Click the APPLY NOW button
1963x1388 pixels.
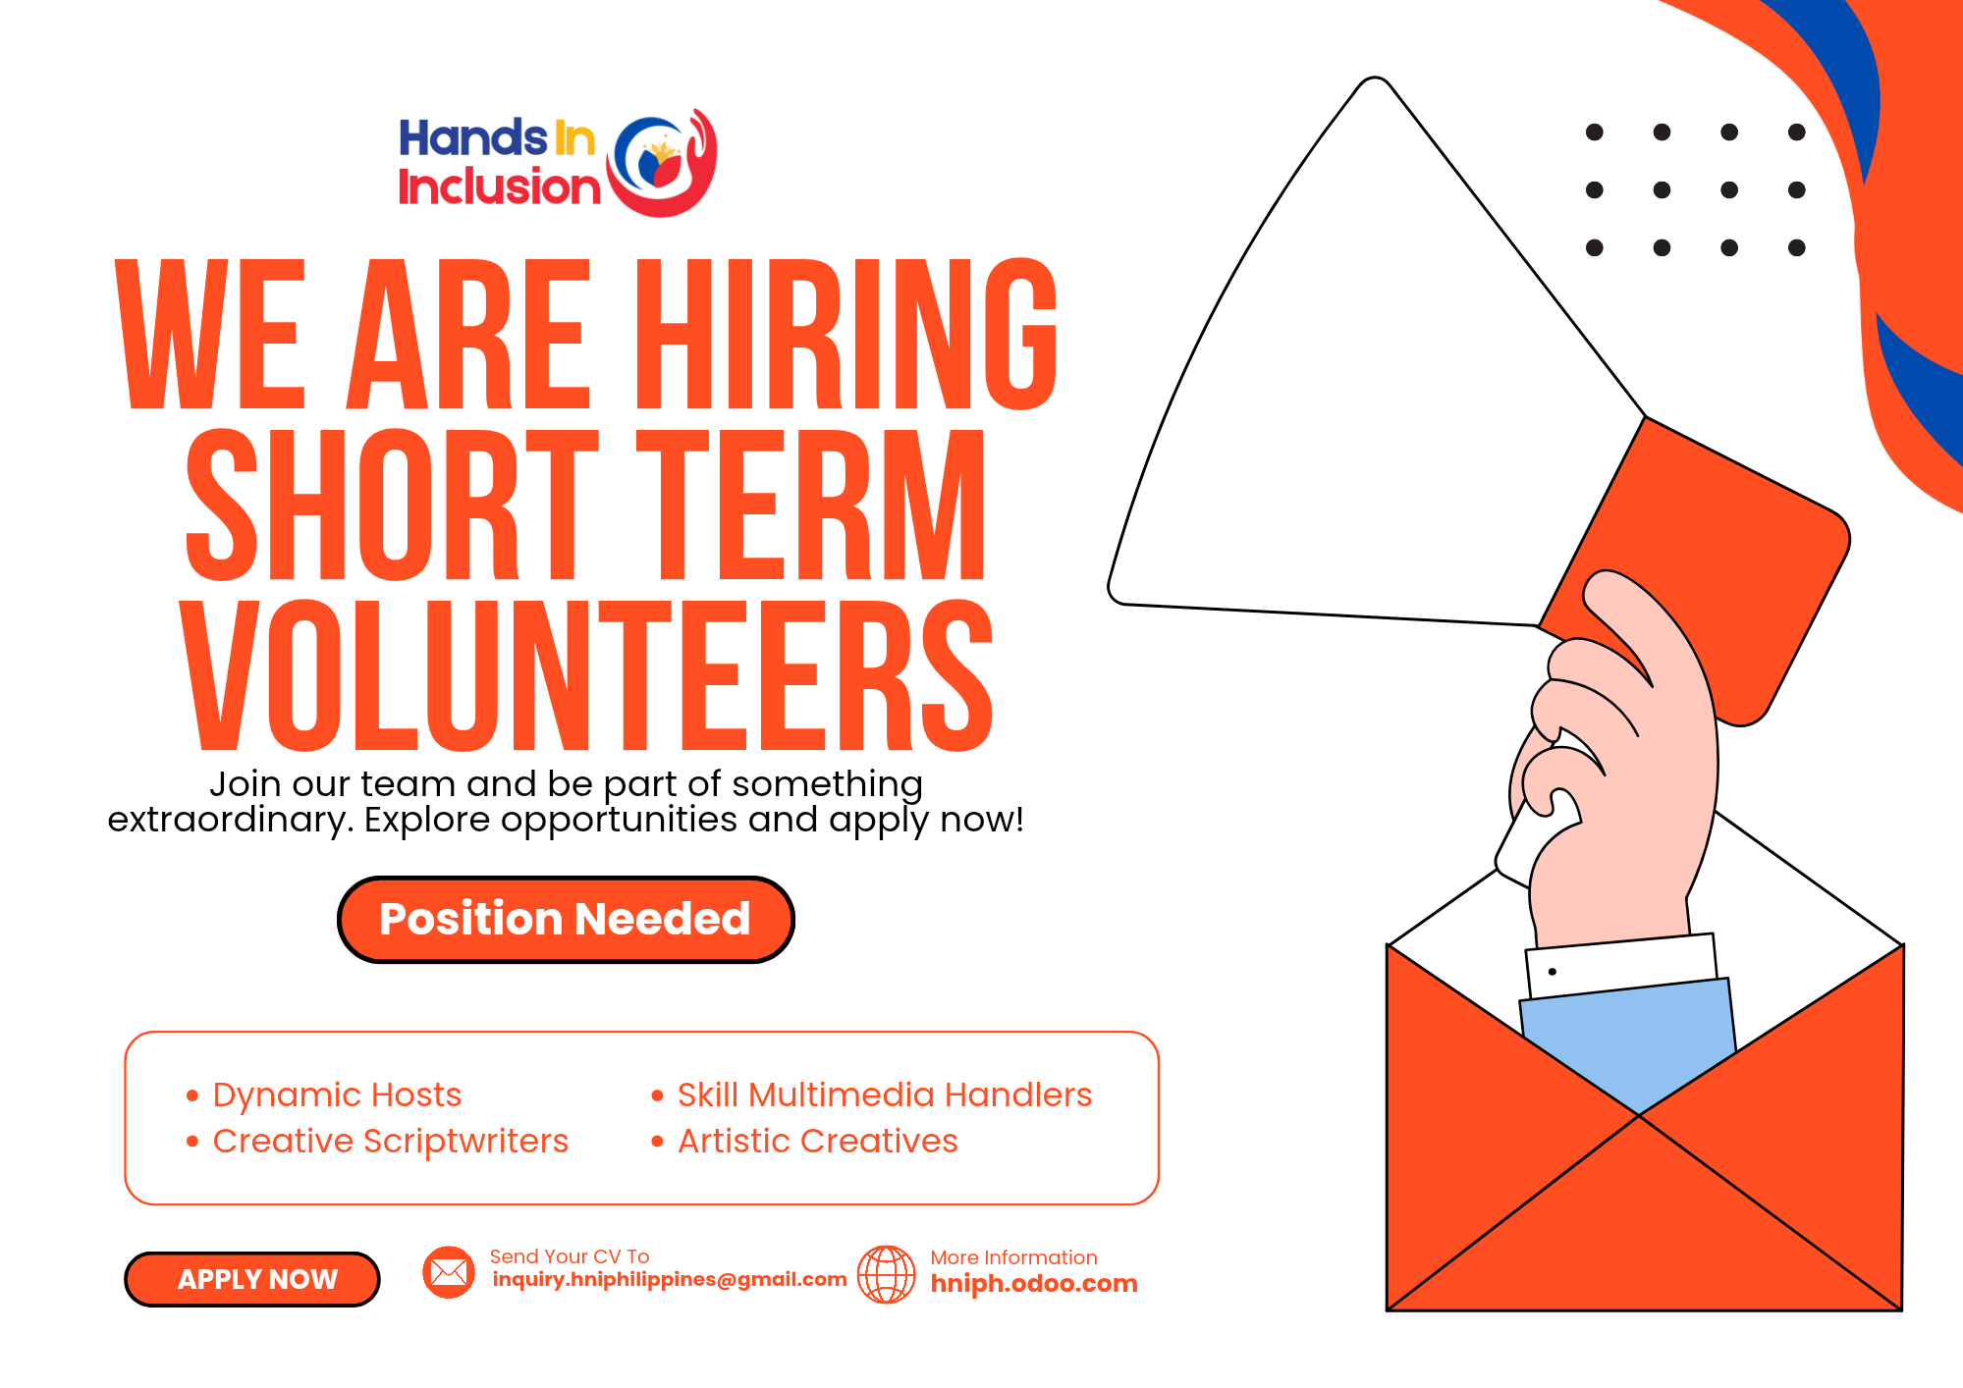click(252, 1279)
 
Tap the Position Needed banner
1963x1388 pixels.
click(566, 920)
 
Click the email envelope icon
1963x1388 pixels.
click(449, 1272)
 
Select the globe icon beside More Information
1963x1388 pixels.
click(887, 1274)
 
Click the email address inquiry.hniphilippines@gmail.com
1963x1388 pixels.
click(670, 1280)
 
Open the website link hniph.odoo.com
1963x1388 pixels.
click(1034, 1284)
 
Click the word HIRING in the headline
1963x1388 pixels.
click(846, 334)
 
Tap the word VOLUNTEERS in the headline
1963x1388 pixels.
click(586, 675)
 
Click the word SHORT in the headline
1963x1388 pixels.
click(392, 505)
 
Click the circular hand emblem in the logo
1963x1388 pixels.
click(662, 163)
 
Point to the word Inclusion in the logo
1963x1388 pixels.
click(499, 187)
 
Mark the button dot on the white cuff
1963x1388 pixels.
click(1553, 972)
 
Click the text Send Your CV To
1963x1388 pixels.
click(570, 1256)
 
